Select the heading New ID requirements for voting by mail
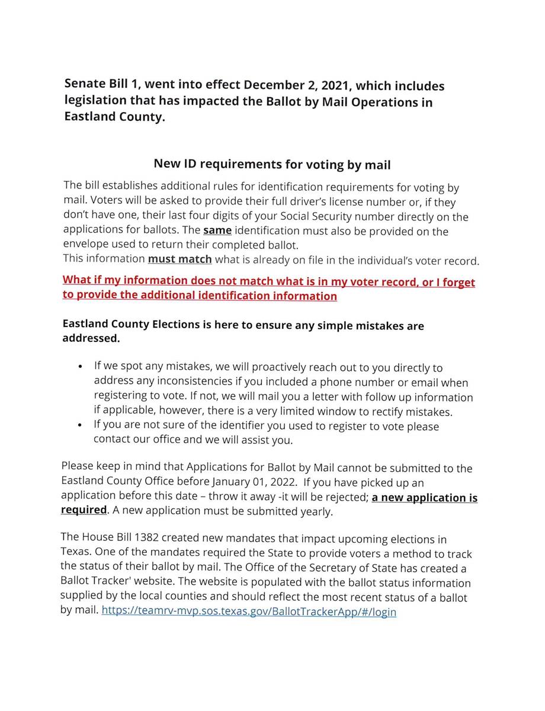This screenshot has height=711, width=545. [272, 164]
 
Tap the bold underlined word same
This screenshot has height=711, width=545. [217, 230]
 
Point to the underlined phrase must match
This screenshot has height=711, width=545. [179, 259]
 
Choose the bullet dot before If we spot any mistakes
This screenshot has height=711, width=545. [80, 367]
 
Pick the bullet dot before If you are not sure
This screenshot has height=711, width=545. [80, 425]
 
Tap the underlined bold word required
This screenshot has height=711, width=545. [84, 510]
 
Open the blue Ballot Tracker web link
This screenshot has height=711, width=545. [249, 611]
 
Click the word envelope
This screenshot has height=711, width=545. [85, 244]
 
